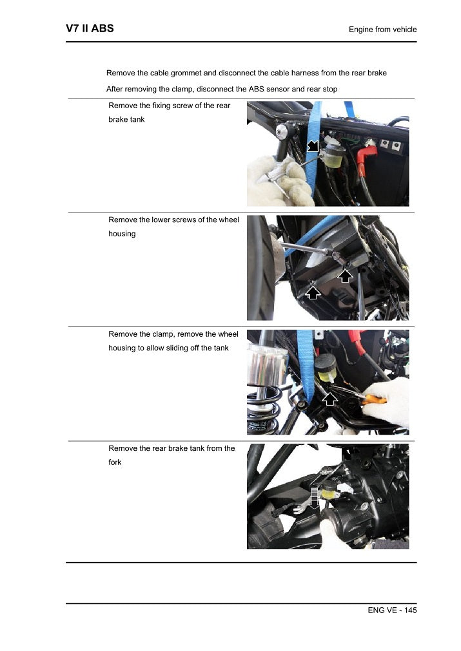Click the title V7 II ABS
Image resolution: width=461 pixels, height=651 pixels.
(90, 29)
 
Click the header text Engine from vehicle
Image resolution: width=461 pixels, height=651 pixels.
(382, 30)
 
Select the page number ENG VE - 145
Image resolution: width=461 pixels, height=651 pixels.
(387, 610)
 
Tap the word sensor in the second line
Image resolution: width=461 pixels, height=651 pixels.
(275, 89)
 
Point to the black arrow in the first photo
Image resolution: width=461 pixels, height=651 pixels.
(313, 146)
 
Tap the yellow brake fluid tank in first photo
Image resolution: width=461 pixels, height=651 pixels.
(333, 156)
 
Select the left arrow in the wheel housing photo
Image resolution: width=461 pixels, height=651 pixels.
(313, 292)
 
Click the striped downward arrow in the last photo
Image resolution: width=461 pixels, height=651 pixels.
(315, 497)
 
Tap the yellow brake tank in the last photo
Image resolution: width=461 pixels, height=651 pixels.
(329, 492)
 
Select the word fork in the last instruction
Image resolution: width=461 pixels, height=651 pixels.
(115, 462)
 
